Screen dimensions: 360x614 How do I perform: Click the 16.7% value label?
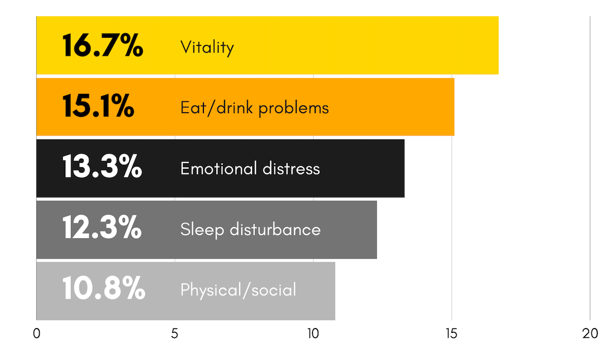[103, 46]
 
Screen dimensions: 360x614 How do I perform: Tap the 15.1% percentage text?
[98, 106]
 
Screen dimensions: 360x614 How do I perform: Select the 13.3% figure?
[102, 168]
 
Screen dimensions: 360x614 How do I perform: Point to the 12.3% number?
[102, 228]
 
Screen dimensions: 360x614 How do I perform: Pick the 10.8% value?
[104, 289]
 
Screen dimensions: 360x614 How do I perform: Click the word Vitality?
[207, 47]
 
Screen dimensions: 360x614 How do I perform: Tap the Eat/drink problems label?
[254, 108]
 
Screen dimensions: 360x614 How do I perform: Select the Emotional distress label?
[250, 168]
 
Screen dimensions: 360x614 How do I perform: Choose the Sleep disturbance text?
[250, 229]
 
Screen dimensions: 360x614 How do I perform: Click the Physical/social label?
[238, 290]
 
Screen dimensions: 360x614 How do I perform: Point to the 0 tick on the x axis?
[36, 334]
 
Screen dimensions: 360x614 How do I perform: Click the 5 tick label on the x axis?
[175, 334]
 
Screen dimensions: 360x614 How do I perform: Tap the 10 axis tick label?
[313, 334]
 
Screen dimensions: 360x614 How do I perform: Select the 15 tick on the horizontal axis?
[451, 334]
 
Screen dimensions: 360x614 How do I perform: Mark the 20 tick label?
[590, 334]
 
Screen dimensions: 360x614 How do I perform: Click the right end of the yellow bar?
[497, 46]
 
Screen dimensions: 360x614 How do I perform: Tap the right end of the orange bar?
[453, 107]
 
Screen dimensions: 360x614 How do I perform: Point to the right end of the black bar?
[404, 168]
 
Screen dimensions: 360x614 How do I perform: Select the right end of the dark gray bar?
[376, 229]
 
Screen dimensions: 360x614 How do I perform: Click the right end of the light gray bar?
[334, 291]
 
